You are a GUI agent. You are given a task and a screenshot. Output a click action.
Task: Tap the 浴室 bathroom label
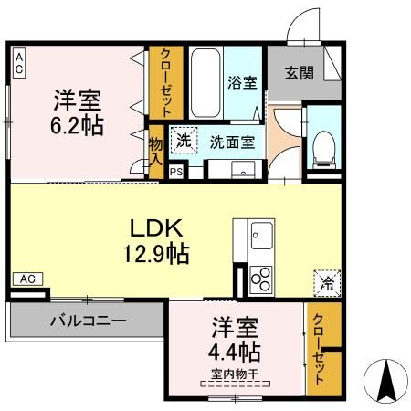click(243, 80)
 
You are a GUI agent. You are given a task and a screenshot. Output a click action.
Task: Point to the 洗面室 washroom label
click(232, 142)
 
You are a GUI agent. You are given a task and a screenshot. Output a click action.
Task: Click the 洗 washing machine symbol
click(184, 142)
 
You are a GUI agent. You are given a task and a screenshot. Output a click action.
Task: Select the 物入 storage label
click(155, 153)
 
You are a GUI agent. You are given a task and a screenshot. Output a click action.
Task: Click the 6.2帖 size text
click(78, 124)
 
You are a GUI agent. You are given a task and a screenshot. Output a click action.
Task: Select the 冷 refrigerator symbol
click(325, 282)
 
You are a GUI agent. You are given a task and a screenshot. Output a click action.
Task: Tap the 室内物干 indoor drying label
click(236, 374)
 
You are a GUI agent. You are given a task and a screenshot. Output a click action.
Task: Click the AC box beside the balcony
click(27, 279)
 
